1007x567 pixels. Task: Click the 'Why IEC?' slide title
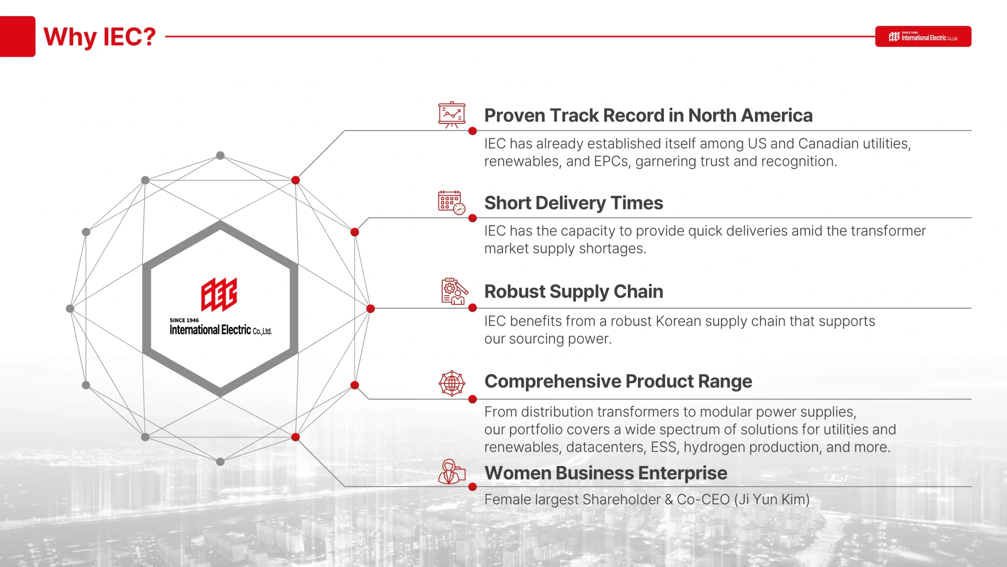100,37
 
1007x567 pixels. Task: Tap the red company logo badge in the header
923,37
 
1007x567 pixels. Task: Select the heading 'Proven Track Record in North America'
648,115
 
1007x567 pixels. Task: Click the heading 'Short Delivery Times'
574,203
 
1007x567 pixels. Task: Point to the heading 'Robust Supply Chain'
574,292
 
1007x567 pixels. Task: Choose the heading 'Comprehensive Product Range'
618,382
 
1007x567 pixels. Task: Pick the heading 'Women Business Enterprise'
606,473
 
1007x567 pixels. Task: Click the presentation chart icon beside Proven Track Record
452,115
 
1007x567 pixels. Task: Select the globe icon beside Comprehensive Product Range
452,383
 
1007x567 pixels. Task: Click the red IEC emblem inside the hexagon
219,295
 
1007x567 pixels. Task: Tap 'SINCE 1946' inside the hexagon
184,321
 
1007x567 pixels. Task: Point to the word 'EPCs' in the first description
612,161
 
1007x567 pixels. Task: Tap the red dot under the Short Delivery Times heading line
473,218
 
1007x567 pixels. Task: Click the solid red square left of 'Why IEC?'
18,37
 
